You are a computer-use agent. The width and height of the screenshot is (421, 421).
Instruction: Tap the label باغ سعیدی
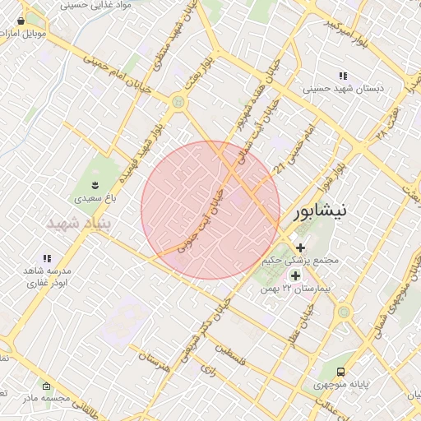92,198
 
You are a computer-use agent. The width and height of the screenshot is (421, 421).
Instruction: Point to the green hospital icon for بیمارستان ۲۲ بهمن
296,275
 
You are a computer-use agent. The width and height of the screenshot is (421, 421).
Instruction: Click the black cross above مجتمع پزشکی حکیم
300,247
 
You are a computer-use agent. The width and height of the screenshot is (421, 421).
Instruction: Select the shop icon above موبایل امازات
21,21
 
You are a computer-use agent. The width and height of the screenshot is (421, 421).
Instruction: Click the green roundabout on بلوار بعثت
178,102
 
